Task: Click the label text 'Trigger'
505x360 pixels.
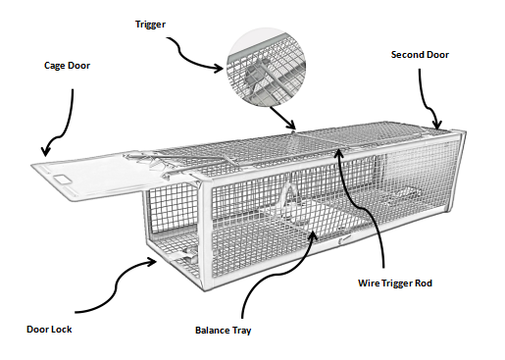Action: click(150, 25)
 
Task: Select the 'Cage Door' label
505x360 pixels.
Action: click(67, 66)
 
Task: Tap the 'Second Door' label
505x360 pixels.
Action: click(420, 55)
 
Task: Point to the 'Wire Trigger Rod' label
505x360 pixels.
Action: click(395, 283)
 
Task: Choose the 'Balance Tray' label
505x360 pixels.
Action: click(224, 331)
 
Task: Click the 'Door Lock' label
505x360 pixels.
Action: click(49, 330)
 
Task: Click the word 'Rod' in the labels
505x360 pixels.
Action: click(424, 283)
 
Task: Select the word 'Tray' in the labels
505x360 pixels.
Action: click(241, 331)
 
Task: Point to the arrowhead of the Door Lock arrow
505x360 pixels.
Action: click(152, 262)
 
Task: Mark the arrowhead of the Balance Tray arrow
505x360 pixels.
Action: click(314, 234)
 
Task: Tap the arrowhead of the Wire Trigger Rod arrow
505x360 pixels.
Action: click(339, 153)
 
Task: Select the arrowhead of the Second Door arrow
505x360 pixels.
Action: click(437, 125)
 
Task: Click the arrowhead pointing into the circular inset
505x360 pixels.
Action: click(220, 69)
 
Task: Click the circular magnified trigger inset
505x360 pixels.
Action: click(267, 67)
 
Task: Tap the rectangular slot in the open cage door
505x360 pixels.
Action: click(62, 180)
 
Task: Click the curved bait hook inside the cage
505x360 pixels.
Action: click(289, 193)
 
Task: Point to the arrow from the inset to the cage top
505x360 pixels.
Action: click(283, 118)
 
